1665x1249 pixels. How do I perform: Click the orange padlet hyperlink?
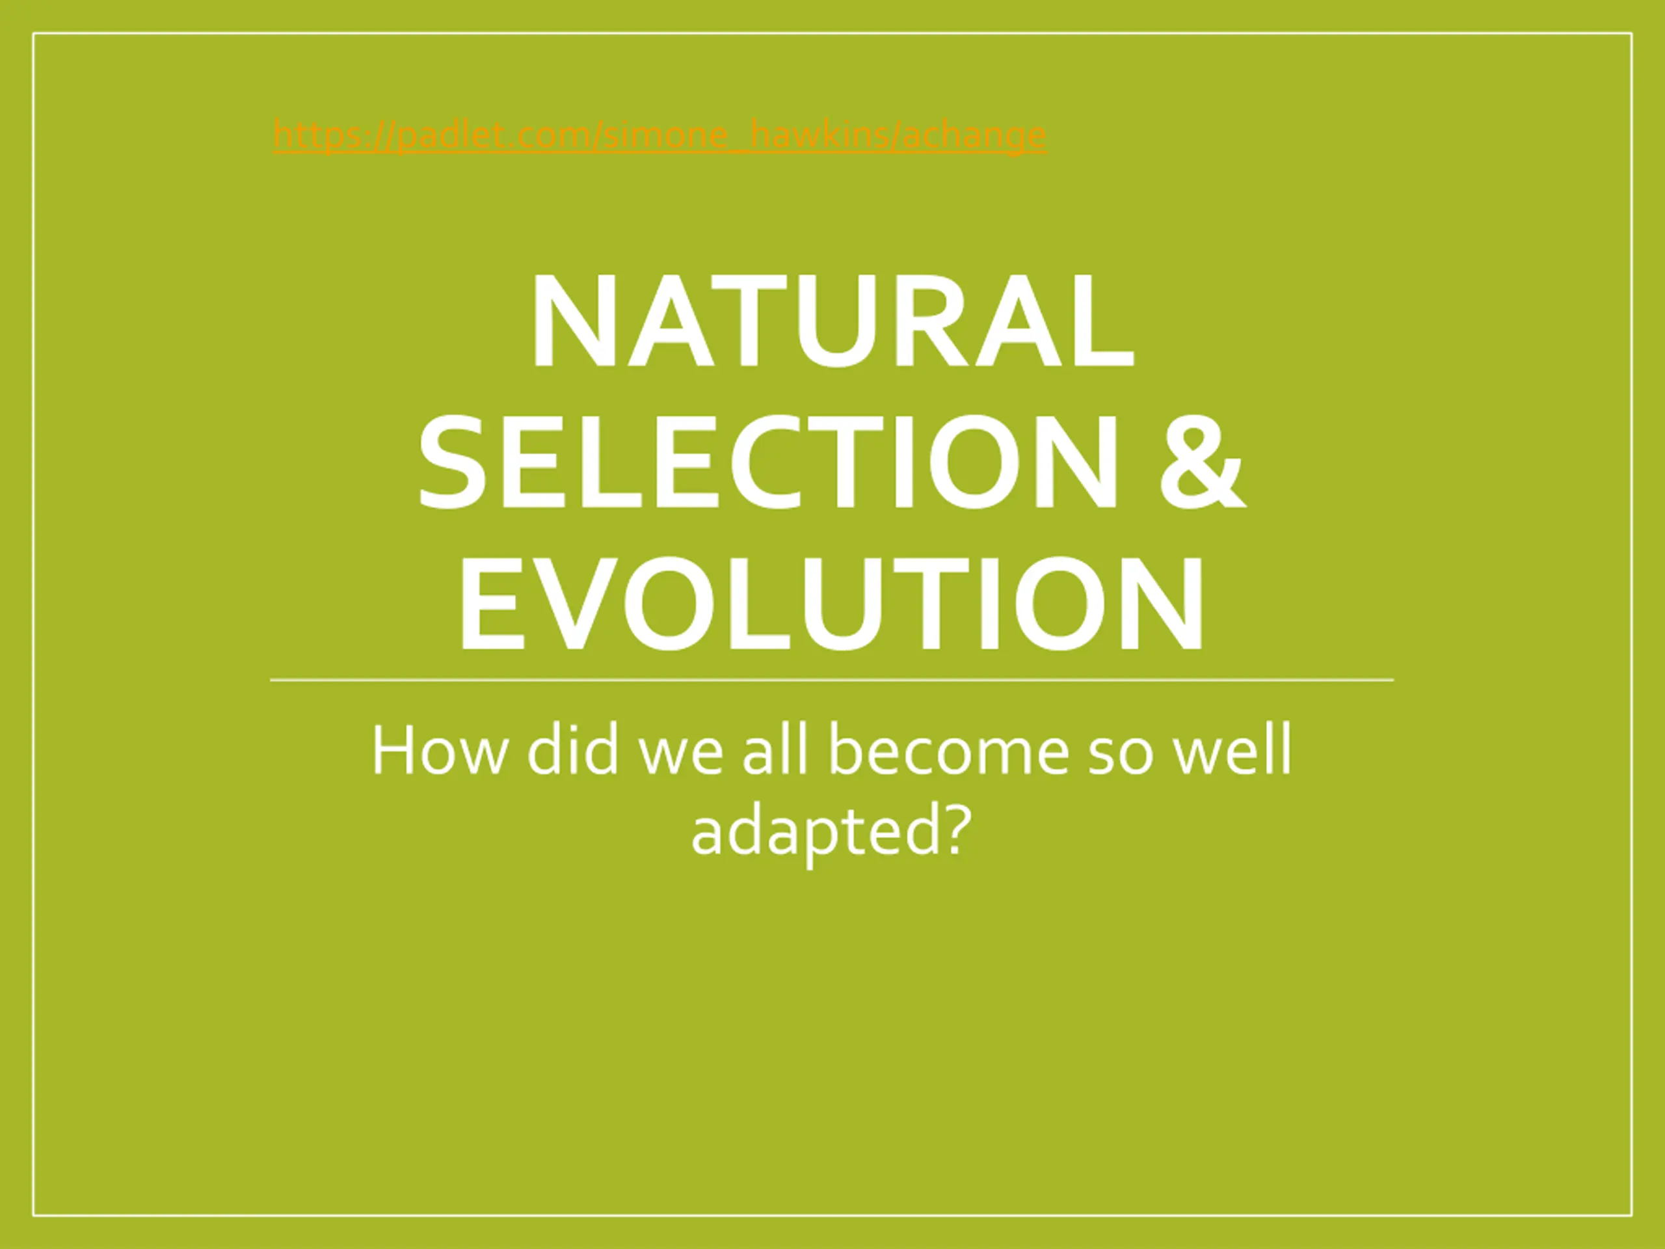(659, 135)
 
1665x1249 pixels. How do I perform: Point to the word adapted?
(816, 834)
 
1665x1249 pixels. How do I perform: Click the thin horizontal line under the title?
(832, 680)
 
